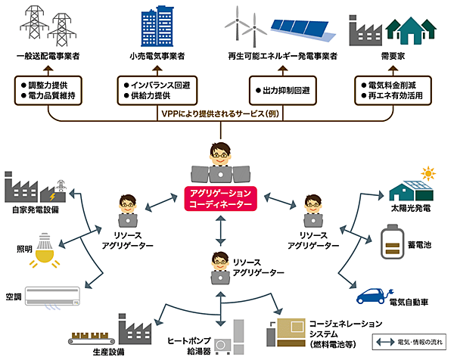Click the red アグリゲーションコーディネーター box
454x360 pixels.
coord(222,197)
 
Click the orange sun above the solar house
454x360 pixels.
coord(428,174)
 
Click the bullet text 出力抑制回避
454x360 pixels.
coord(285,91)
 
